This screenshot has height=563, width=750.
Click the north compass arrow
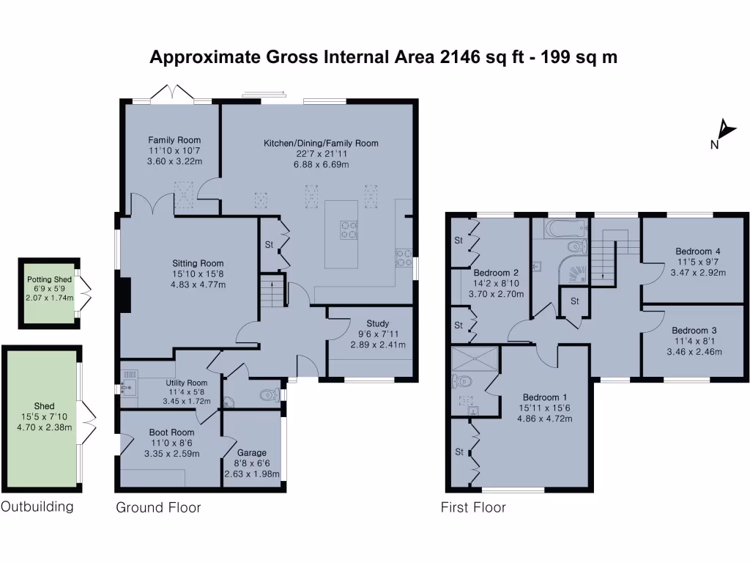(x=726, y=130)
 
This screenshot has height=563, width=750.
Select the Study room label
(x=379, y=323)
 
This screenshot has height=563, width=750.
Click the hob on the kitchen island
(x=349, y=230)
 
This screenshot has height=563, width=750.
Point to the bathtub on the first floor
(x=565, y=229)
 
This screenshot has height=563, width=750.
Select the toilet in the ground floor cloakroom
(x=270, y=396)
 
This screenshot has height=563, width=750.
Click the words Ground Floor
(x=158, y=507)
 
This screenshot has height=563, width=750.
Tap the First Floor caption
(x=473, y=507)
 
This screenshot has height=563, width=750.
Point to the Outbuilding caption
(x=37, y=507)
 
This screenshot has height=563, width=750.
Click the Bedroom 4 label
(x=699, y=251)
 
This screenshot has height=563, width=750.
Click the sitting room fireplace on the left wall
(x=125, y=296)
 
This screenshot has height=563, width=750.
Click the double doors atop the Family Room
(x=171, y=94)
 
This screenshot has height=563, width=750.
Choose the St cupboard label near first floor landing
(x=575, y=301)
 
